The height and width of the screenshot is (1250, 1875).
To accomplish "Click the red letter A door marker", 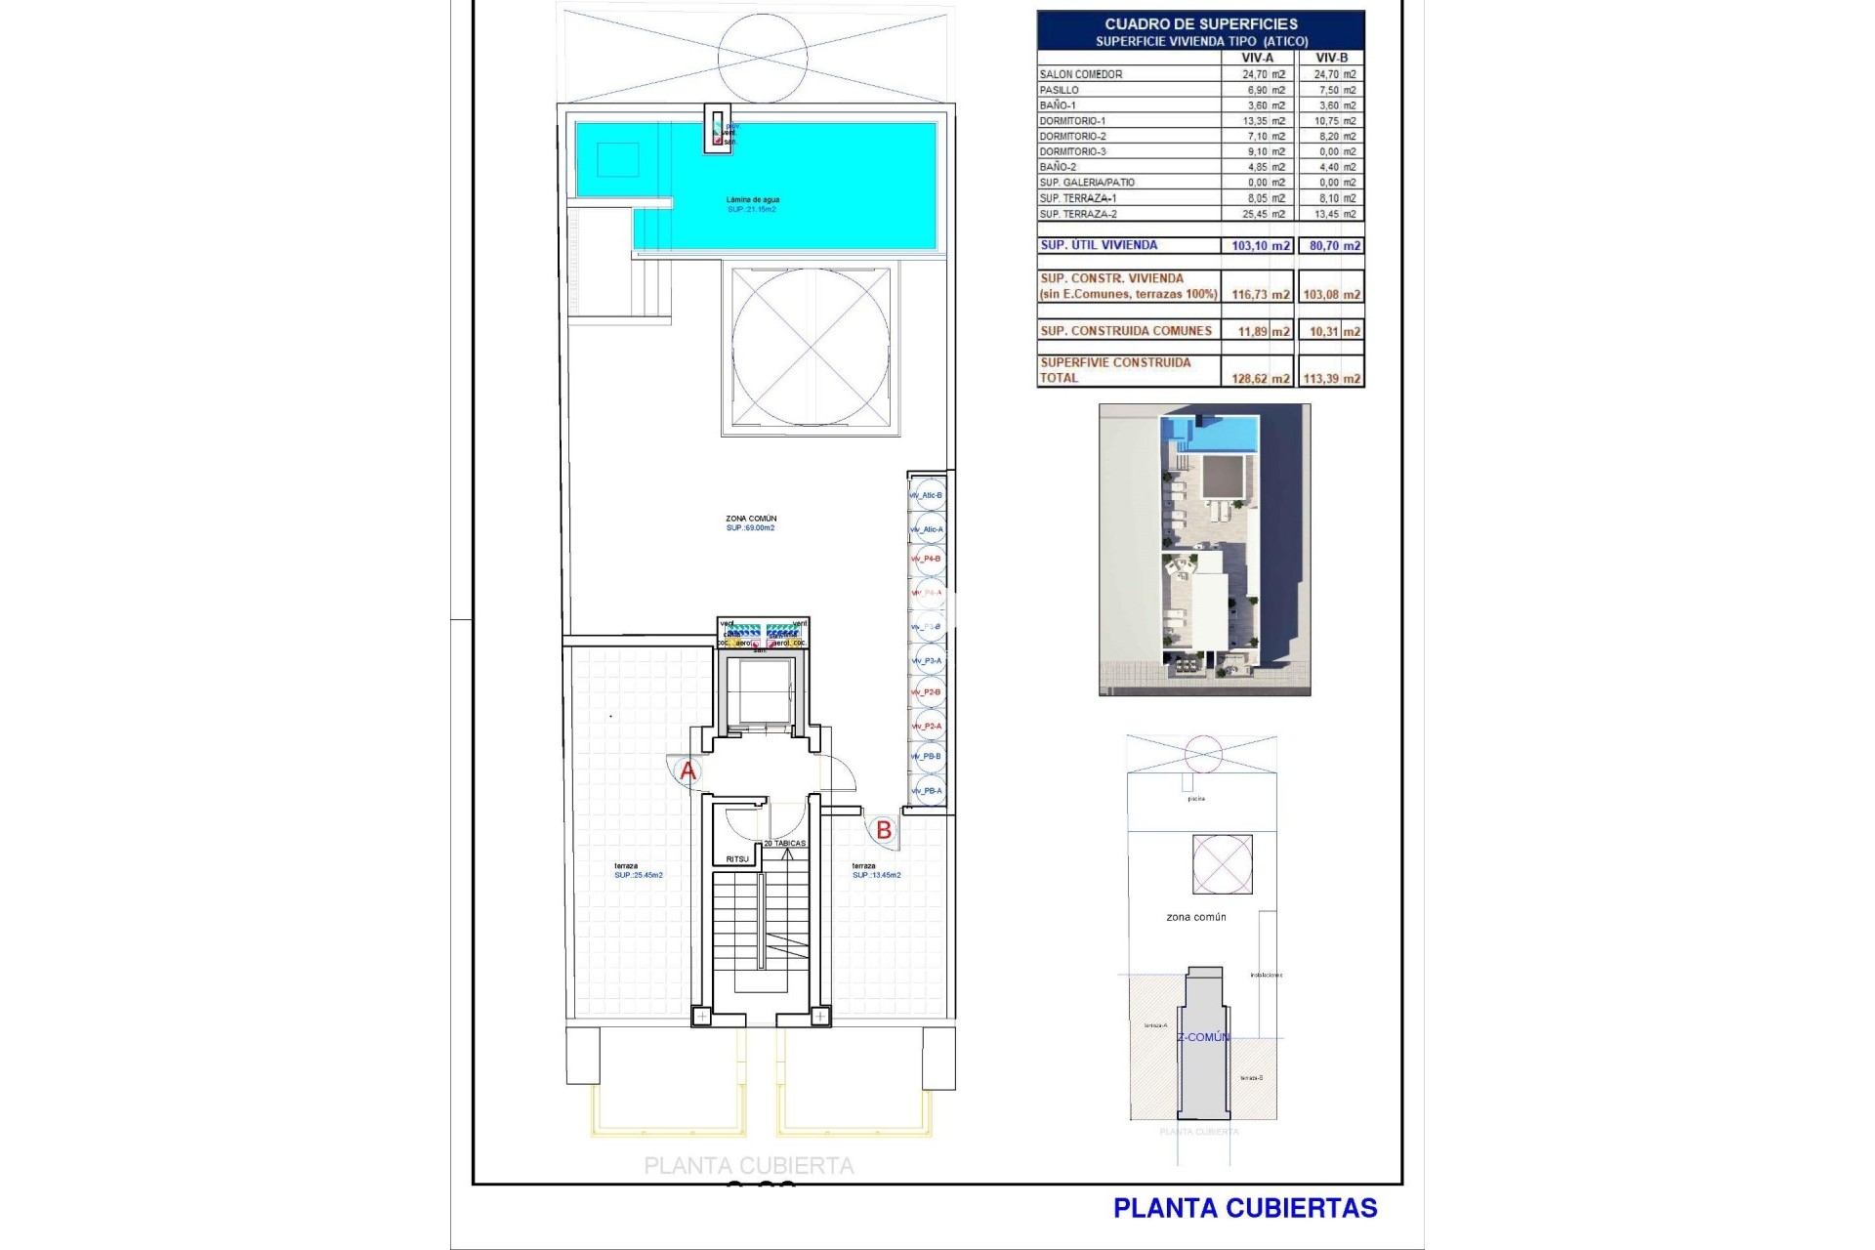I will (x=688, y=771).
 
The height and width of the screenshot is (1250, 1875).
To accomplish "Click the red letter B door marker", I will (x=884, y=830).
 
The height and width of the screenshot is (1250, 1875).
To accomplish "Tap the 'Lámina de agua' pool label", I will (x=753, y=200).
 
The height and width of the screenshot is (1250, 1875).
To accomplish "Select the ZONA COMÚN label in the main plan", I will (x=751, y=519).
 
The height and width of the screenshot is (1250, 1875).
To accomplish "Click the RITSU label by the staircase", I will (x=737, y=859).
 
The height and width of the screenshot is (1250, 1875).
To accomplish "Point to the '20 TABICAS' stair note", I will (x=785, y=843).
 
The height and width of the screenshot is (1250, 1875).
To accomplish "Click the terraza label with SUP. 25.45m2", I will (x=627, y=866).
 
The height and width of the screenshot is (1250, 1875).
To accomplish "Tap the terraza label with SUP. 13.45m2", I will (x=864, y=866).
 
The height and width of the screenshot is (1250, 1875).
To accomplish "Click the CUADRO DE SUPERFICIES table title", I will (x=1201, y=23).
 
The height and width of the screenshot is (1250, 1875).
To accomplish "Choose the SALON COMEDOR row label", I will (x=1081, y=74).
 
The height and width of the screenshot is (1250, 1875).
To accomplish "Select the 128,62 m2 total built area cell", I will (x=1260, y=379).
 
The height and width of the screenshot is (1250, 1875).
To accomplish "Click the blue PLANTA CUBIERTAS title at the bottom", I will (x=1245, y=1208).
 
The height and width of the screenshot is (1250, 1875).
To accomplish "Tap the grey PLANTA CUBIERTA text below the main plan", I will (x=749, y=1165).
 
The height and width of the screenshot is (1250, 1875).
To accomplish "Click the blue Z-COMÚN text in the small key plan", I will (x=1203, y=1037).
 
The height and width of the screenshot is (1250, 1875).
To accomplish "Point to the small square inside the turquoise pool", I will (x=617, y=158).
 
